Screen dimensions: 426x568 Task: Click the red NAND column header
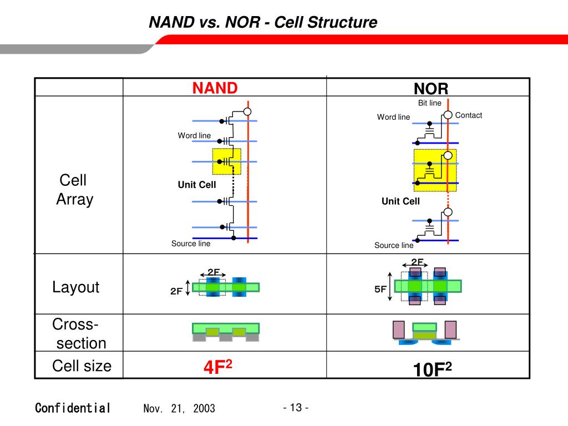pyautogui.click(x=215, y=88)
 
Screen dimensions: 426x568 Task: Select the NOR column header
pyautogui.click(x=430, y=89)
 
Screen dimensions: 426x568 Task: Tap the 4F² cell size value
pyautogui.click(x=216, y=367)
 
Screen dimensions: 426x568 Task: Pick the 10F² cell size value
pyautogui.click(x=432, y=369)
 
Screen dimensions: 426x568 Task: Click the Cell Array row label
pyautogui.click(x=74, y=190)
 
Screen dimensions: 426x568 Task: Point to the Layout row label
pyautogui.click(x=76, y=287)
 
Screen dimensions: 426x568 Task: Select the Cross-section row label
pyautogui.click(x=78, y=333)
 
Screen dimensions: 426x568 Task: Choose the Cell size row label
pyautogui.click(x=82, y=366)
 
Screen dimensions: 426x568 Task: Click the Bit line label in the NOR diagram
pyautogui.click(x=429, y=103)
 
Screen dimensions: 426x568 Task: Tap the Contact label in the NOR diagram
pyautogui.click(x=468, y=115)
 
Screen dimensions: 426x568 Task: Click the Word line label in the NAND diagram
pyautogui.click(x=194, y=136)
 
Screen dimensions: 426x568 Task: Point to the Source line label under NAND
pyautogui.click(x=191, y=244)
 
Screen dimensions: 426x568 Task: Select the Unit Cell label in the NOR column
pyautogui.click(x=400, y=201)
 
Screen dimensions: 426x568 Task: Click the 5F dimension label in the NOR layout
pyautogui.click(x=380, y=289)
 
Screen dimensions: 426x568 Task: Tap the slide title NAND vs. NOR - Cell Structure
pyautogui.click(x=263, y=23)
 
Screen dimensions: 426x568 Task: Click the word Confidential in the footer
pyautogui.click(x=73, y=408)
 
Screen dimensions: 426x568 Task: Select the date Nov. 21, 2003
pyautogui.click(x=179, y=409)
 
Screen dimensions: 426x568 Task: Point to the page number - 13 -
pyautogui.click(x=295, y=408)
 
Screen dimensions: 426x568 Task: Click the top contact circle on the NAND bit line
pyautogui.click(x=247, y=112)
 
